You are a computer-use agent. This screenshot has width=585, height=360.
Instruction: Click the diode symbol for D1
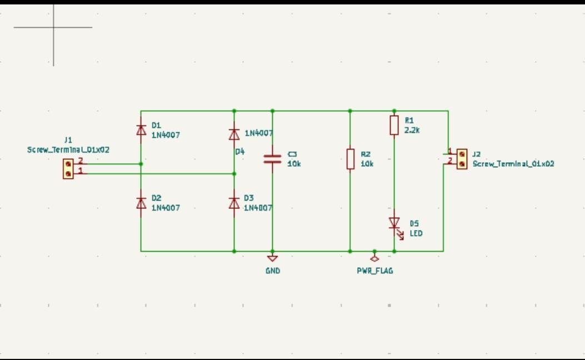[141, 130]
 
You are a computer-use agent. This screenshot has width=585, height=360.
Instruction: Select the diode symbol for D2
[141, 202]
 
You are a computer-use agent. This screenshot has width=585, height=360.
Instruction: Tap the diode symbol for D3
[234, 202]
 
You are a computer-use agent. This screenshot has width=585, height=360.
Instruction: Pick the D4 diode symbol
[234, 134]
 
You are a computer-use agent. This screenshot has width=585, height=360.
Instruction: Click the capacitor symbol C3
[272, 159]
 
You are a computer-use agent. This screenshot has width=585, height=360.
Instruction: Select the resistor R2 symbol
[350, 158]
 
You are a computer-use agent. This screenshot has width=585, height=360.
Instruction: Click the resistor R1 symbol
[394, 125]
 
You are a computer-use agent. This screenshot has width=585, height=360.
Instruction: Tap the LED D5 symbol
[394, 224]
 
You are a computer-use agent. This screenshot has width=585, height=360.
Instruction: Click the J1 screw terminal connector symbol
[68, 169]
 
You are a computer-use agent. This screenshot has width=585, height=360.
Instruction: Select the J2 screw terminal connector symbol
[462, 158]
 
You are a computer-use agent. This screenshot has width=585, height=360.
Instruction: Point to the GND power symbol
[272, 258]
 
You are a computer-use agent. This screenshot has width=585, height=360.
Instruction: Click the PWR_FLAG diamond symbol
[374, 257]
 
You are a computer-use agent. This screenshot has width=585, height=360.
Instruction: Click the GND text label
[272, 271]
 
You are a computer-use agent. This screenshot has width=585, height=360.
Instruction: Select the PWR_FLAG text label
[374, 271]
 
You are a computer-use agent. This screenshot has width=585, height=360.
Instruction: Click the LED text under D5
[416, 233]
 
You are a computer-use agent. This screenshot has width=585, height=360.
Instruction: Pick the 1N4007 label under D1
[166, 135]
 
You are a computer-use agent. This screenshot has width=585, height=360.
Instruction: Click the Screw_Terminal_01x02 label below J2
[513, 164]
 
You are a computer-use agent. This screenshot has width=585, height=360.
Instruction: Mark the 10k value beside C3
[294, 164]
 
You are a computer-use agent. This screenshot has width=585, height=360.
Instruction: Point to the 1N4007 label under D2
[166, 208]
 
